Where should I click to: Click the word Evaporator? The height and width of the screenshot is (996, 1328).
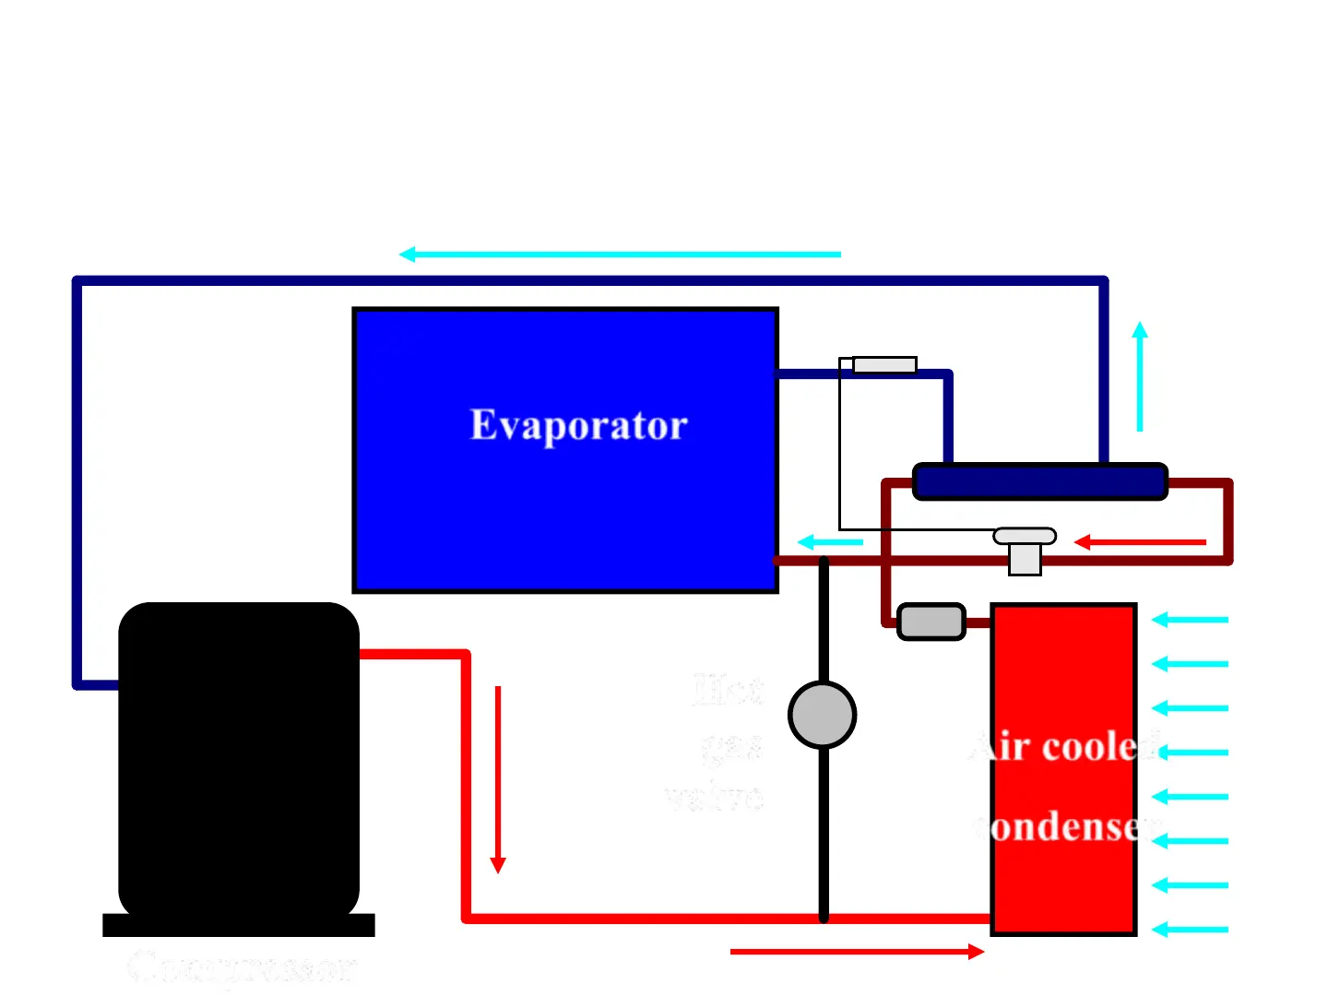pyautogui.click(x=579, y=425)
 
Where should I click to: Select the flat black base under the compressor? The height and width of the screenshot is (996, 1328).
pyautogui.click(x=239, y=925)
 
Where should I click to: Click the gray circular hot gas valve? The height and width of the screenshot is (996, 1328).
pyautogui.click(x=823, y=715)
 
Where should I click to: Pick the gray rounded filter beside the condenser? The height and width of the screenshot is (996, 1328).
pyautogui.click(x=931, y=622)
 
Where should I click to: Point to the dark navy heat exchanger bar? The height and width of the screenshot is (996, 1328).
pyautogui.click(x=1039, y=481)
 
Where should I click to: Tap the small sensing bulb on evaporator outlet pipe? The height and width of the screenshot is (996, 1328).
pyautogui.click(x=884, y=365)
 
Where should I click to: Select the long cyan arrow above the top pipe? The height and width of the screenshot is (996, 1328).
pyautogui.click(x=620, y=254)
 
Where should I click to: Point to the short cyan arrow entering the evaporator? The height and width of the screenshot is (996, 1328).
pyautogui.click(x=830, y=542)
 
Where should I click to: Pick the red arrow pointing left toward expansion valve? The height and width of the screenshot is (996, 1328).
pyautogui.click(x=1141, y=542)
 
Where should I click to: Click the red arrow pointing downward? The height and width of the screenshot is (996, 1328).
pyautogui.click(x=498, y=779)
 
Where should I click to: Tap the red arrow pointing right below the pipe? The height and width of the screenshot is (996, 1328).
pyautogui.click(x=857, y=952)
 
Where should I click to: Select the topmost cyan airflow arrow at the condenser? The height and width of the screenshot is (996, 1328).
pyautogui.click(x=1191, y=620)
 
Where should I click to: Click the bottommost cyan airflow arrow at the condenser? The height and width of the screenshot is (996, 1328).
pyautogui.click(x=1191, y=930)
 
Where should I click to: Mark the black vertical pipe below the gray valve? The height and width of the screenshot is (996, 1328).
pyautogui.click(x=824, y=830)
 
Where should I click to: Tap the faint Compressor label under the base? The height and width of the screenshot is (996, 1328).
pyautogui.click(x=242, y=968)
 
